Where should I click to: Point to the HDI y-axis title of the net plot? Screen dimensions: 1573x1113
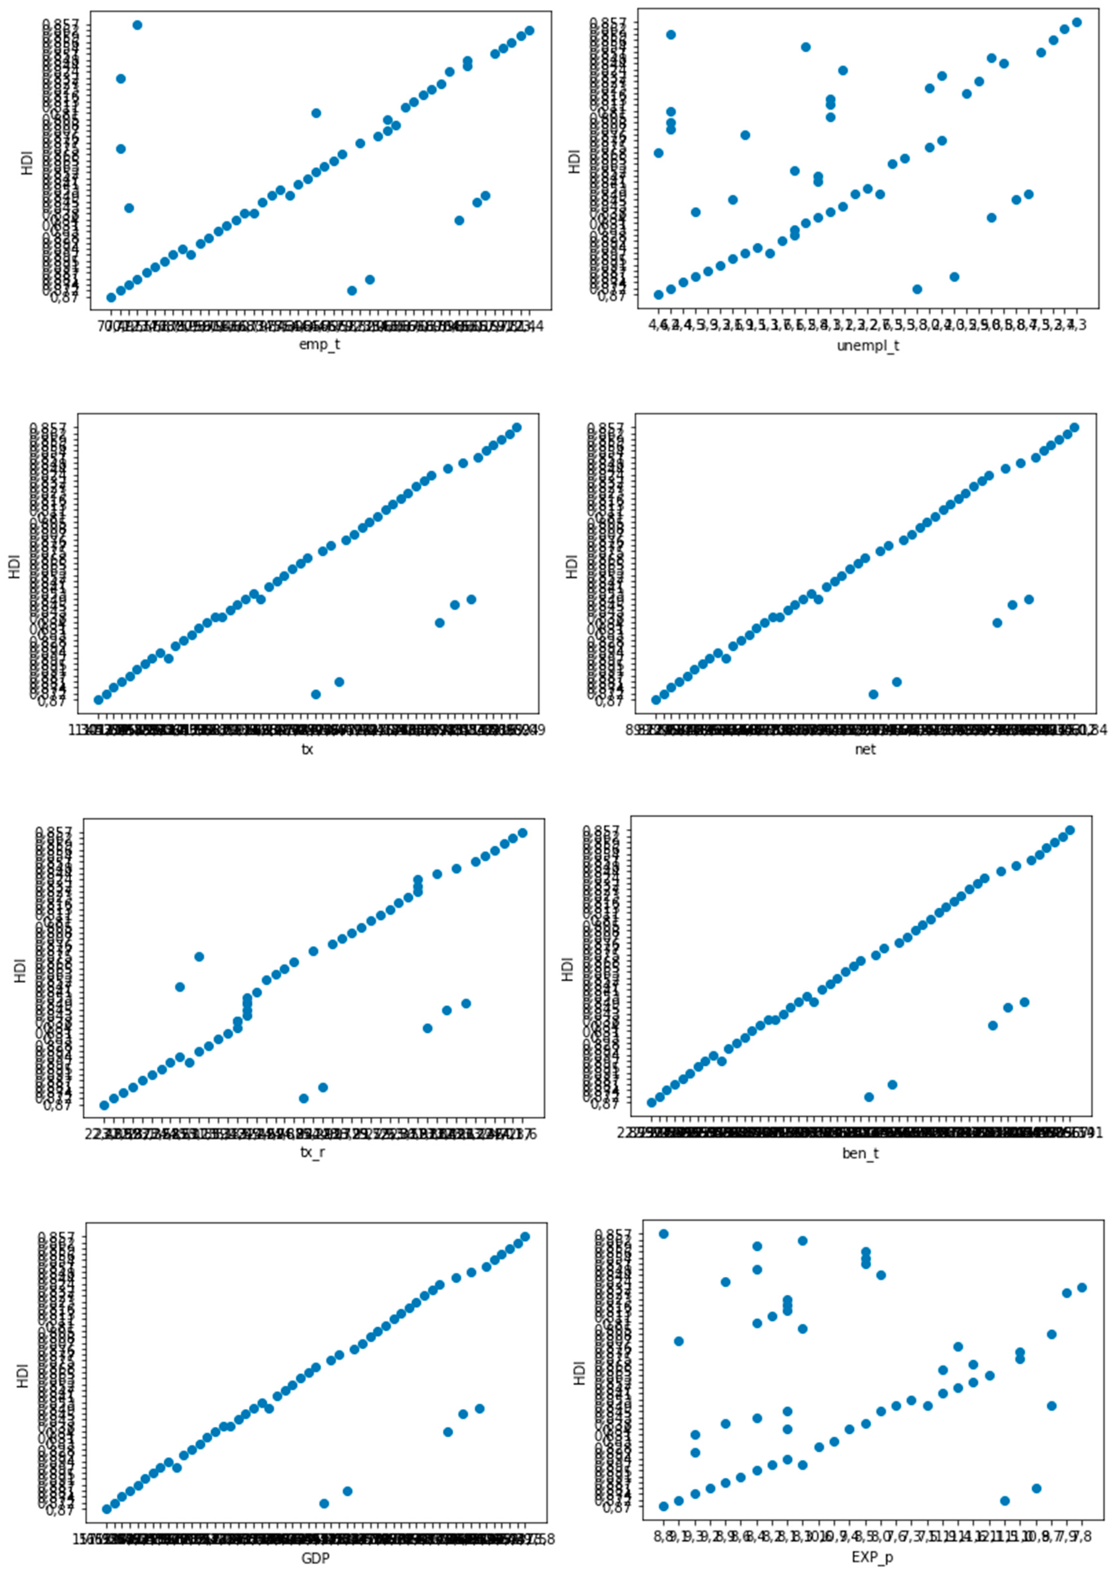(572, 565)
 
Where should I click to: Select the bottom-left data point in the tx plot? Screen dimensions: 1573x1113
(98, 700)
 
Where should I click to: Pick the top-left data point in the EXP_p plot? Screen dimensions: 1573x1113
(663, 1234)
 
